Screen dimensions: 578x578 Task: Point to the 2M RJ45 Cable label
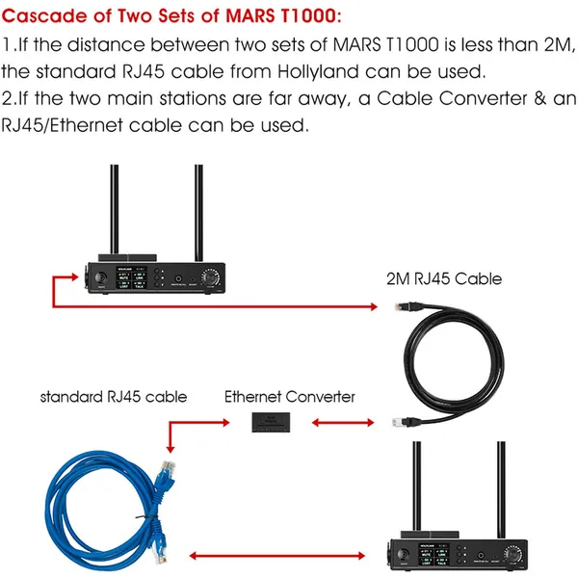pos(442,279)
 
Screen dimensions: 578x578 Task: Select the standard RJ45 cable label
pos(114,396)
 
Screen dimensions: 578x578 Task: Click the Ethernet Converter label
pos(290,396)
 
